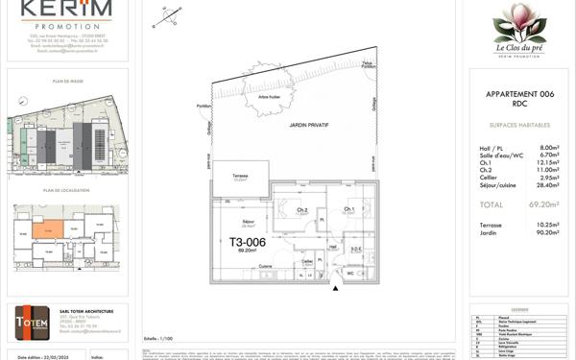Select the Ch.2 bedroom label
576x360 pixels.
pos(301,210)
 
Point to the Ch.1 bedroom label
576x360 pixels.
pos(349,209)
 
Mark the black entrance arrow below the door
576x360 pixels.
pos(335,284)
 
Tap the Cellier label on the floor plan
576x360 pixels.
pos(307,261)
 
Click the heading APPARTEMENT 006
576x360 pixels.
pos(519,94)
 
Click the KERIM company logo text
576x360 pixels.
pos(67,10)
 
